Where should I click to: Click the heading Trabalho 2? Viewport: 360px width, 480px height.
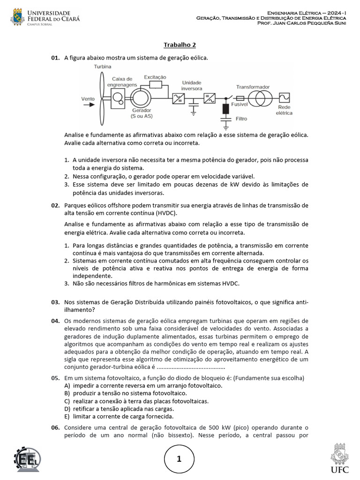[x=180, y=45]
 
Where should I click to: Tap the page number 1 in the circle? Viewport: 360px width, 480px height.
[x=180, y=459]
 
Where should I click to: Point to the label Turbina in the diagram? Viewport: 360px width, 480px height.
[x=103, y=67]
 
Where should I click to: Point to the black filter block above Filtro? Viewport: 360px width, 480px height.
[x=225, y=109]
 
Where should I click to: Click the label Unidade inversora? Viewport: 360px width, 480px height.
[x=191, y=85]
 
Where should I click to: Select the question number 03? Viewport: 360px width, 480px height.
[x=55, y=302]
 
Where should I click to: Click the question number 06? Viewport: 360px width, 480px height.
[x=55, y=428]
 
